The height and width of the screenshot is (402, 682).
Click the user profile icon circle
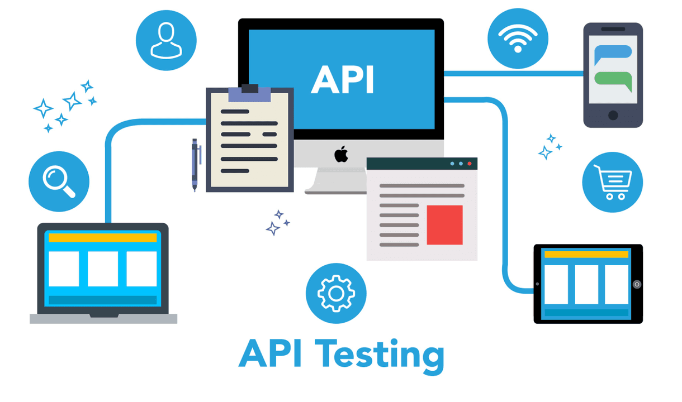click(166, 40)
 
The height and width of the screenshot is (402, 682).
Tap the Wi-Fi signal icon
click(518, 39)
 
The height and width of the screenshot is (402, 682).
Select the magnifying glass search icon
click(59, 181)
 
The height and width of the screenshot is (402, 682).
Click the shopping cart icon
click(613, 182)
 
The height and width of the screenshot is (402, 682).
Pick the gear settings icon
click(336, 294)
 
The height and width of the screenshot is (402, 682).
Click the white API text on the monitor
click(343, 80)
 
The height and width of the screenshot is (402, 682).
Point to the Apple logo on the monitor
click(342, 154)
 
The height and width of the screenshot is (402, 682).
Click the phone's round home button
click(613, 116)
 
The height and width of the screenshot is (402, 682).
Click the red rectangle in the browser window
click(444, 225)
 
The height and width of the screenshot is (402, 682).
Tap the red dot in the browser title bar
click(470, 164)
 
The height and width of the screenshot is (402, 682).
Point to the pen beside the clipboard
click(195, 165)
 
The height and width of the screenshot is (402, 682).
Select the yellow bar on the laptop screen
click(103, 237)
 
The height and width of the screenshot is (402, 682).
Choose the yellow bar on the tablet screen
click(586, 254)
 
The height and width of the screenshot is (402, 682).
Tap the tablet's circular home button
click(637, 284)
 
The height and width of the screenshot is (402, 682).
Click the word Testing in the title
click(380, 356)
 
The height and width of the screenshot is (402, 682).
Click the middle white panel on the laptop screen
click(103, 269)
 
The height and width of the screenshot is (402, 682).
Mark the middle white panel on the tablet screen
click(586, 284)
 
